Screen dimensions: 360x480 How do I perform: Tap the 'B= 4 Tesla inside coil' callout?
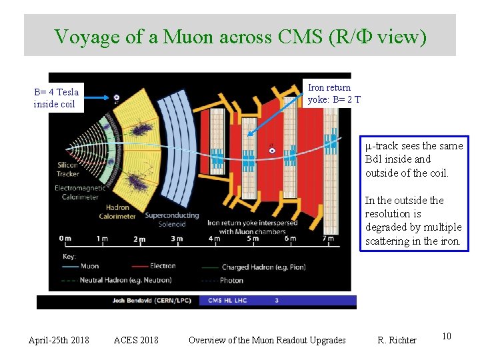pos(56,98)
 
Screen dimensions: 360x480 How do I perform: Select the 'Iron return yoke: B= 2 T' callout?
pos(334,93)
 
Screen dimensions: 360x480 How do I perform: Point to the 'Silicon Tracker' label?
pos(67,169)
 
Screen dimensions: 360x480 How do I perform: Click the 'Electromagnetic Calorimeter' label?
pos(79,193)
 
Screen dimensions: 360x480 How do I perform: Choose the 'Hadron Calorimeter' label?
pos(117,211)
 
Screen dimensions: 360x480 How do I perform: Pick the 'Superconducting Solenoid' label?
pos(171,219)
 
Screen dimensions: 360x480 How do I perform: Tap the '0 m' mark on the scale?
pos(65,238)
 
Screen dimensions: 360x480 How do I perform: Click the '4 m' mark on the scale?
pos(215,238)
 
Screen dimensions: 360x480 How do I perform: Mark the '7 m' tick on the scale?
pos(327,238)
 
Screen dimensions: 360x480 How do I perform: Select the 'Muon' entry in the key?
pos(89,266)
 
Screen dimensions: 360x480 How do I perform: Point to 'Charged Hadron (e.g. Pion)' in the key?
pos(263,267)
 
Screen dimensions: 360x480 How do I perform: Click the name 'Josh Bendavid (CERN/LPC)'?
pos(152,301)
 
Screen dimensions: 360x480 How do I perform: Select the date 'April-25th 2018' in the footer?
pos(59,340)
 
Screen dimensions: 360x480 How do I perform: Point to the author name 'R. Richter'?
pos(397,340)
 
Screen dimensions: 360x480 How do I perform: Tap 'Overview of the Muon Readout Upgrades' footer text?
pos(267,340)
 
